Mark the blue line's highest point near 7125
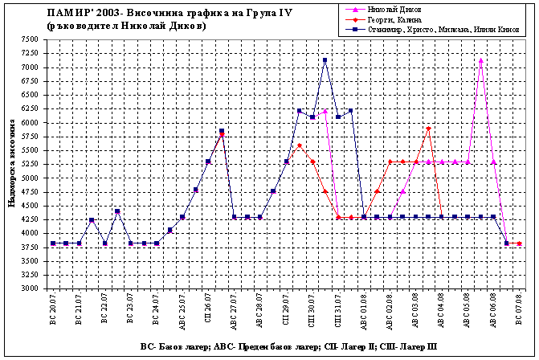coord(325,59)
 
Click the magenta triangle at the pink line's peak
coord(480,59)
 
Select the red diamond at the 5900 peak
coord(429,128)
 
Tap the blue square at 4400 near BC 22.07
coord(117,211)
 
